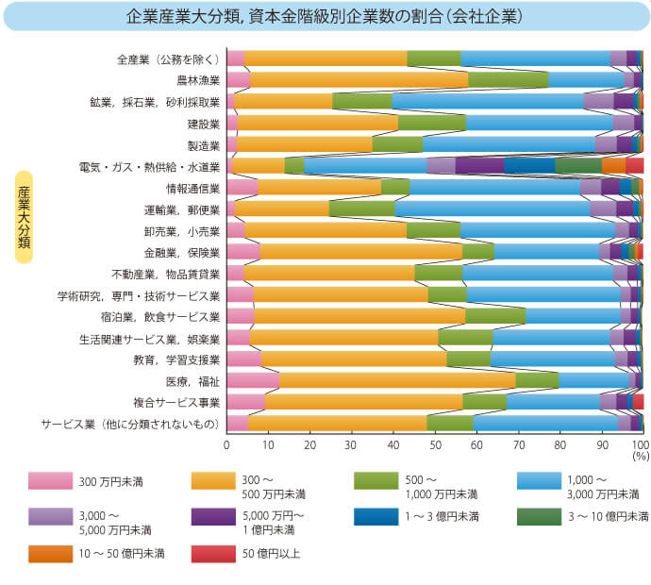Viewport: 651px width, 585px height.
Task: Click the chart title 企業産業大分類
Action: click(325, 17)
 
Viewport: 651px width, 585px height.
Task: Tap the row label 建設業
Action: click(203, 124)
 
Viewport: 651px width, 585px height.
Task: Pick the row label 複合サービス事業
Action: click(177, 403)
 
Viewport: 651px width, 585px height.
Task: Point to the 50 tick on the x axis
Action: click(434, 443)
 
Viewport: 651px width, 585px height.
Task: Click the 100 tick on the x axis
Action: click(641, 443)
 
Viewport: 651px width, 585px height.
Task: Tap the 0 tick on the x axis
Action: click(226, 443)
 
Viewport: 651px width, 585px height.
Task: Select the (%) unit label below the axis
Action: click(641, 455)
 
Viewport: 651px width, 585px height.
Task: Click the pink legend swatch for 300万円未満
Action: click(50, 481)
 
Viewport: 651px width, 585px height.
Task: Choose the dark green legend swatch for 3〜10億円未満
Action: click(541, 516)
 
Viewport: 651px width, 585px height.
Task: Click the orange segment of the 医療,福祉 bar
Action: click(397, 380)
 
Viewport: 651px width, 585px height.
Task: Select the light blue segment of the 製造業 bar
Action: click(509, 144)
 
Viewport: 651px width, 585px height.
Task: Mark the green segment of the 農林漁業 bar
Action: click(508, 80)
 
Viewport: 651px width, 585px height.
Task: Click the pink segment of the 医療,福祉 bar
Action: click(253, 380)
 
